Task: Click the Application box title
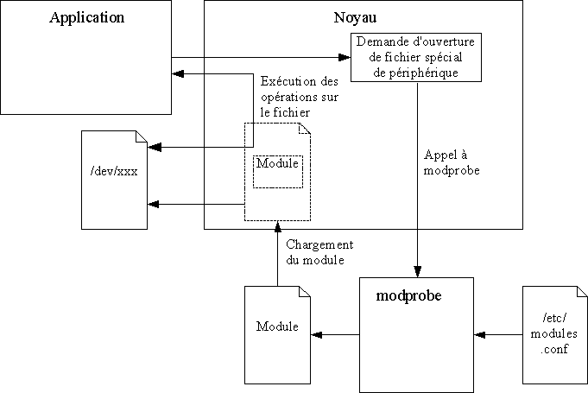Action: point(86,17)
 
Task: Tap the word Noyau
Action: point(355,18)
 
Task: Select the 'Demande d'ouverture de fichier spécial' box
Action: point(417,58)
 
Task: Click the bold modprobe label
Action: point(409,295)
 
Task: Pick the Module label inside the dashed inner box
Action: point(277,164)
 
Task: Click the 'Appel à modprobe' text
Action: point(452,162)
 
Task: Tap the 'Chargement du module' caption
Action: point(315,252)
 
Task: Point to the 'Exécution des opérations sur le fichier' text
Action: point(298,96)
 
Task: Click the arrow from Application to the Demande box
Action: point(259,58)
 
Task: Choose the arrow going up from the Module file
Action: point(277,255)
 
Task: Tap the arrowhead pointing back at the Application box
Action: point(179,74)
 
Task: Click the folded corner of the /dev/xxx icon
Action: point(141,138)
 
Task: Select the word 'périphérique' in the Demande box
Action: point(417,73)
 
